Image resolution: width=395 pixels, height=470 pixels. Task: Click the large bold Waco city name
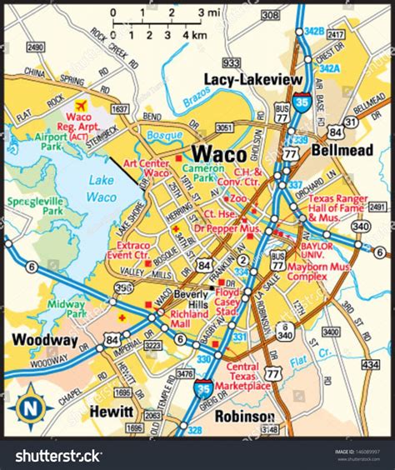pos(219,154)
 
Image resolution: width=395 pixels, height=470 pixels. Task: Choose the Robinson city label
pos(244,416)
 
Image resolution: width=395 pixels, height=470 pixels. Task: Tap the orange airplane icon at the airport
pos(81,106)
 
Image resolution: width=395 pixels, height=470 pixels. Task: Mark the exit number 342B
pos(312,31)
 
